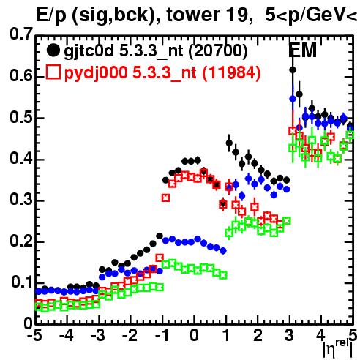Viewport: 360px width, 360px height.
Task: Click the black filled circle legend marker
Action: (53, 50)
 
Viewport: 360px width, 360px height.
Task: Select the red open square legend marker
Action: (53, 72)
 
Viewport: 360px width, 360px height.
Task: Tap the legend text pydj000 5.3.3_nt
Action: (130, 73)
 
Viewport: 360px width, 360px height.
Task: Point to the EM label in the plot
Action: (302, 50)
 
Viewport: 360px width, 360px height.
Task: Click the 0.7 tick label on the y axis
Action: (21, 34)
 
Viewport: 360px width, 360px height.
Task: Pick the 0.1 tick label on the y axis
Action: (21, 282)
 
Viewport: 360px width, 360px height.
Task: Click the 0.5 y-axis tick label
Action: (21, 117)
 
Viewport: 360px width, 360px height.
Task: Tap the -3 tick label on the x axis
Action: (97, 335)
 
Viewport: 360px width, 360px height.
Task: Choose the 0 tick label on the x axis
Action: (194, 335)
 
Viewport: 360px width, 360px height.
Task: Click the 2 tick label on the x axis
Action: (258, 335)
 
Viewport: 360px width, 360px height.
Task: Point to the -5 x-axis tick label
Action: (34, 335)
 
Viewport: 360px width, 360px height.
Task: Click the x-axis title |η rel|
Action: (337, 348)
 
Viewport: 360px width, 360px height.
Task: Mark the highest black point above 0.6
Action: (293, 70)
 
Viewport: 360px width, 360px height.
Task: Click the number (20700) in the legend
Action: (218, 51)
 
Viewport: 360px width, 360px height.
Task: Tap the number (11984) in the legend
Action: (231, 72)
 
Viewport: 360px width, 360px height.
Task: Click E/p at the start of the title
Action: (50, 16)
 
